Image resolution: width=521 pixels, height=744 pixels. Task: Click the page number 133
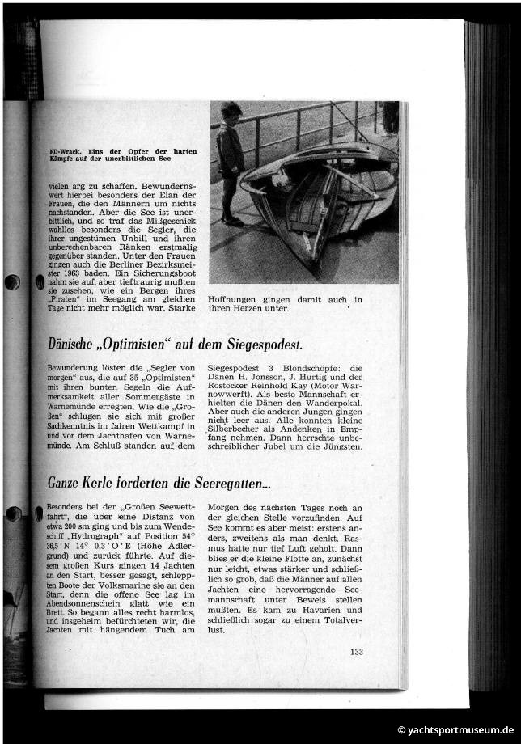(x=357, y=653)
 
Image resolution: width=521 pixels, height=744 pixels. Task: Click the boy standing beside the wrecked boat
(x=230, y=162)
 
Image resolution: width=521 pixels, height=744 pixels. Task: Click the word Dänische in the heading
(x=70, y=345)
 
